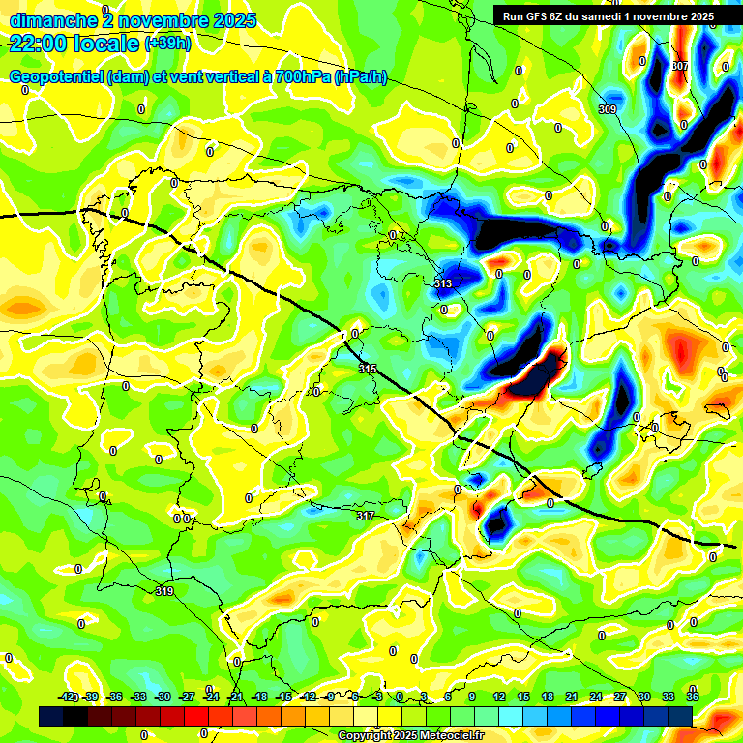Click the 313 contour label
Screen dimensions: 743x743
point(443,283)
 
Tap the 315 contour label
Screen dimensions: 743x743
point(368,369)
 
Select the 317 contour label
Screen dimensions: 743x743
point(365,516)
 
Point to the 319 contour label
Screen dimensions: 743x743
point(164,591)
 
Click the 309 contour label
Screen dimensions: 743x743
point(608,109)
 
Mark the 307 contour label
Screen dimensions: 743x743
point(680,66)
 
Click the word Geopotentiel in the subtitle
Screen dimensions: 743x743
point(57,77)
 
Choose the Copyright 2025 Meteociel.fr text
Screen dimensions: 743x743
point(410,736)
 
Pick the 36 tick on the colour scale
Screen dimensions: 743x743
point(692,698)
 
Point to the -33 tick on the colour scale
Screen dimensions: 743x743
point(138,698)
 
